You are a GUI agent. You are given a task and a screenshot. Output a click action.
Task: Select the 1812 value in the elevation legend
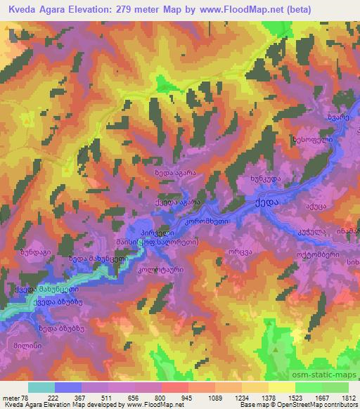(x=347, y=398)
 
